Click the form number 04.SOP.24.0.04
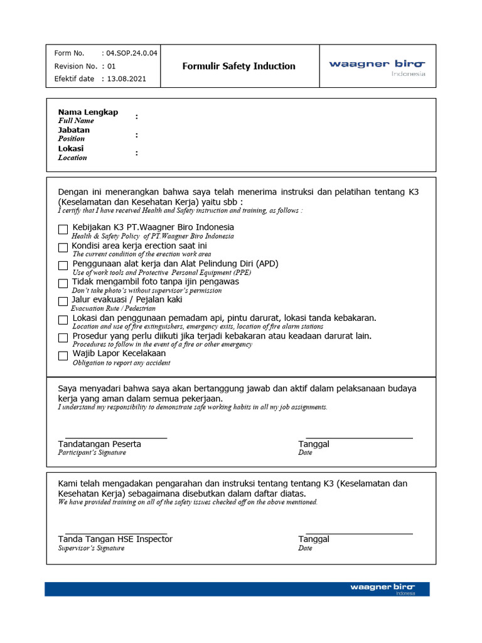pyautogui.click(x=132, y=53)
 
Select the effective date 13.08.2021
pyautogui.click(x=127, y=79)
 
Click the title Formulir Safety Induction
pyautogui.click(x=238, y=66)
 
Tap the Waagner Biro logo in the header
pyautogui.click(x=377, y=66)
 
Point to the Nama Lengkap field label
pyautogui.click(x=88, y=112)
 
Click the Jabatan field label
pyautogui.click(x=74, y=131)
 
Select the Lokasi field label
pyautogui.click(x=71, y=149)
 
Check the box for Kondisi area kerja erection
pyautogui.click(x=63, y=247)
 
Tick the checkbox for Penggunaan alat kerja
pyautogui.click(x=63, y=266)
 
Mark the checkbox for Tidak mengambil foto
pyautogui.click(x=63, y=284)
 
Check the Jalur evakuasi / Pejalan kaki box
pyautogui.click(x=63, y=302)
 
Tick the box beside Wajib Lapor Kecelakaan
pyautogui.click(x=63, y=356)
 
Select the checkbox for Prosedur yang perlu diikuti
pyautogui.click(x=63, y=338)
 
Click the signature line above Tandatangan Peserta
pyautogui.click(x=116, y=437)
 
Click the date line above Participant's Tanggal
pyautogui.click(x=359, y=437)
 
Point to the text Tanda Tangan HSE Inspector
pyautogui.click(x=115, y=539)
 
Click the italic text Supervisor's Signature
pyautogui.click(x=91, y=548)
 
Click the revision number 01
pyautogui.click(x=112, y=66)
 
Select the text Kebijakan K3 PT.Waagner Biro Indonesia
pyautogui.click(x=153, y=227)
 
